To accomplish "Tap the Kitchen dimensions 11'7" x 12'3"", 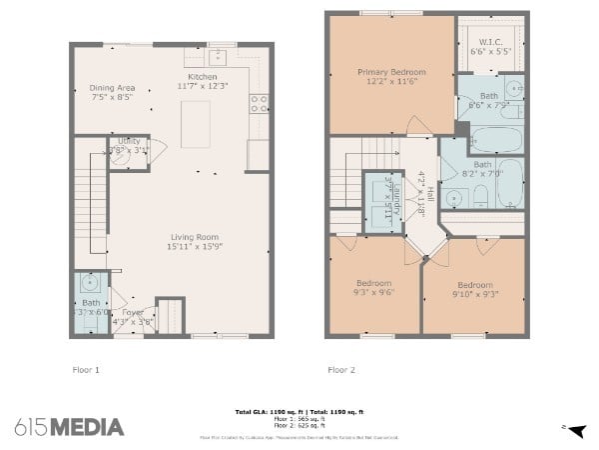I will click(x=202, y=87).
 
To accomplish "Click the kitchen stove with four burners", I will click(x=259, y=100).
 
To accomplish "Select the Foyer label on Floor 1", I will click(x=133, y=312).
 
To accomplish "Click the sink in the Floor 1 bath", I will click(x=91, y=283).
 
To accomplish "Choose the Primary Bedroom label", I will click(x=392, y=72).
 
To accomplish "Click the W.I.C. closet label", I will click(x=489, y=41).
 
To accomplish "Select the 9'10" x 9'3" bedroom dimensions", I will click(x=474, y=293).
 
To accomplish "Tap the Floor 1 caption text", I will click(x=87, y=370).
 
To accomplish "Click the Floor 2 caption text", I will click(x=341, y=370).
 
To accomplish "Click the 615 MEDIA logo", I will click(x=70, y=427).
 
